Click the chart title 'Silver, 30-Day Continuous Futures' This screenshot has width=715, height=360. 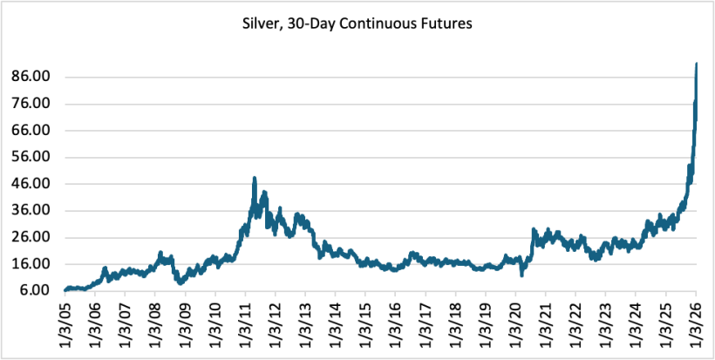(x=357, y=25)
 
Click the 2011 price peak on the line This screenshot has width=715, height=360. (x=254, y=179)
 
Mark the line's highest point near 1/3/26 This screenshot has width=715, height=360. (x=696, y=64)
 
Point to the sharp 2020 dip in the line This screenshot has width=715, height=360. (x=521, y=275)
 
